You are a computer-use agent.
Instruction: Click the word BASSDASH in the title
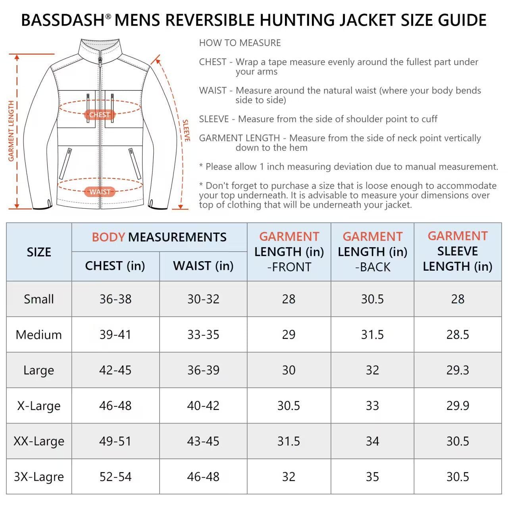click(x=63, y=20)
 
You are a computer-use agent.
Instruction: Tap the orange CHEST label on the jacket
click(x=99, y=115)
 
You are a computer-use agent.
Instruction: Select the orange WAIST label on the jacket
click(x=100, y=192)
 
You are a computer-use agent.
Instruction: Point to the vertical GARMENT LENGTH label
click(x=11, y=131)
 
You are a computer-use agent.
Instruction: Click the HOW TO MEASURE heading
click(x=240, y=43)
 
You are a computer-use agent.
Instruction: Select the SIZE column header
click(x=39, y=252)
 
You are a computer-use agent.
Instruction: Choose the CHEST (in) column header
click(x=115, y=266)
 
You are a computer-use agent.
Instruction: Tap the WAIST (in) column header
click(x=203, y=266)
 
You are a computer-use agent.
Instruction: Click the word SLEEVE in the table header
click(x=458, y=251)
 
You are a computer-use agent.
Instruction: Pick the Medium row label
click(x=39, y=335)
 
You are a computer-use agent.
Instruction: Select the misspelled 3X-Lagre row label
click(x=39, y=477)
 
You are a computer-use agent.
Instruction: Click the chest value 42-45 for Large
click(x=115, y=370)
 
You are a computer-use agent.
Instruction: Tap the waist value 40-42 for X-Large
click(x=203, y=406)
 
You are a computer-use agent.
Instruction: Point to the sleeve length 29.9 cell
click(x=458, y=406)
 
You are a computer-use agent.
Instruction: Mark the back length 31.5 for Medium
click(x=372, y=335)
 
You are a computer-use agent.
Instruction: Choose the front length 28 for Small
click(x=289, y=299)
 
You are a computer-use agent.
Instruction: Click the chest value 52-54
click(x=115, y=477)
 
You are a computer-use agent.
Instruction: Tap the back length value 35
click(x=372, y=477)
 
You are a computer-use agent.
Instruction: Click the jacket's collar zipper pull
click(x=100, y=60)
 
